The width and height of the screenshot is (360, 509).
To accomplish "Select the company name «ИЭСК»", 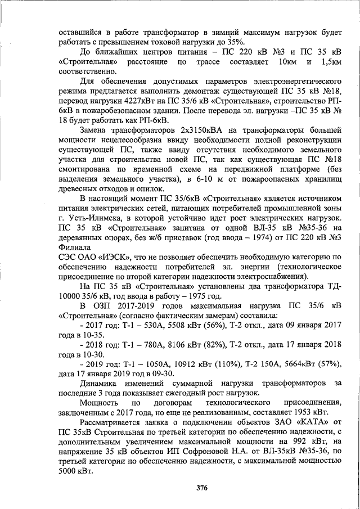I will click(x=115, y=256).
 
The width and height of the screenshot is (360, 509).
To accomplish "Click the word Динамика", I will click(x=101, y=384).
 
